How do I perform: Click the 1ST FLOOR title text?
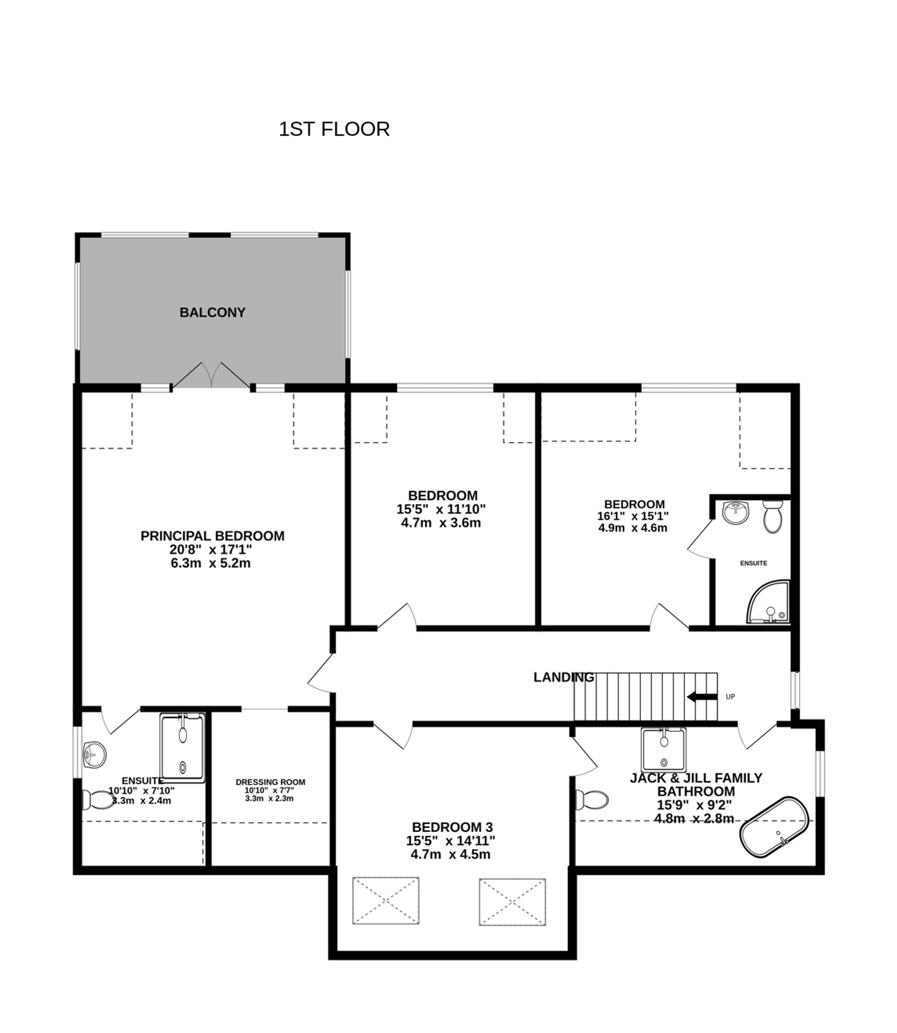coord(334,129)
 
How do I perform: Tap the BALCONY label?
coord(212,313)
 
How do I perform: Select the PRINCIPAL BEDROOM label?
coord(212,536)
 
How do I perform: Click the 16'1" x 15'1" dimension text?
coord(633,516)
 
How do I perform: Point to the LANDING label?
coord(564,677)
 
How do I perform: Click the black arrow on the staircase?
coord(701,697)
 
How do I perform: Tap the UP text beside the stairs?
coord(730,697)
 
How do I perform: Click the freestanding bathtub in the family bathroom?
coord(774,827)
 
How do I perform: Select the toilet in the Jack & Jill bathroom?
coord(592,799)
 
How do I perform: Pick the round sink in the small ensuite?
coord(736,512)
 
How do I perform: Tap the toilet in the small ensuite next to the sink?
coord(773,516)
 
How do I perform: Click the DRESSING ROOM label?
coord(270,782)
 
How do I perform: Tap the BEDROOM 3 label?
coord(453,827)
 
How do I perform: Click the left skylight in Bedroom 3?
coord(385,900)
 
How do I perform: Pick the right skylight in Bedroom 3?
coord(512,902)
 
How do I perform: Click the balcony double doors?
coord(212,376)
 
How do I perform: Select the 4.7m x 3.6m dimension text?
coord(441,523)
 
